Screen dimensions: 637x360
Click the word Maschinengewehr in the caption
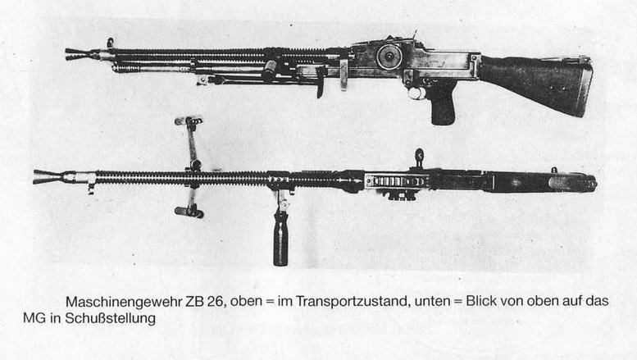point(125,302)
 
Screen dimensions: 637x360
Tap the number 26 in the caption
point(216,302)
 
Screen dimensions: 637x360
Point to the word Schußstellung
point(110,318)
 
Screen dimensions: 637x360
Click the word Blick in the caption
point(481,301)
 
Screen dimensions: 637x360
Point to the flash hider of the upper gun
point(82,54)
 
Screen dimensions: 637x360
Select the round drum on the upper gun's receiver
point(389,57)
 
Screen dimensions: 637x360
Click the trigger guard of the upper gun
point(416,92)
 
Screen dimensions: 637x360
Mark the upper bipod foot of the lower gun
point(188,121)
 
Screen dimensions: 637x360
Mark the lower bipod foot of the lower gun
point(189,212)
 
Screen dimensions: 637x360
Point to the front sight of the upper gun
point(110,43)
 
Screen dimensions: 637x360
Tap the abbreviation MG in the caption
point(34,318)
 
